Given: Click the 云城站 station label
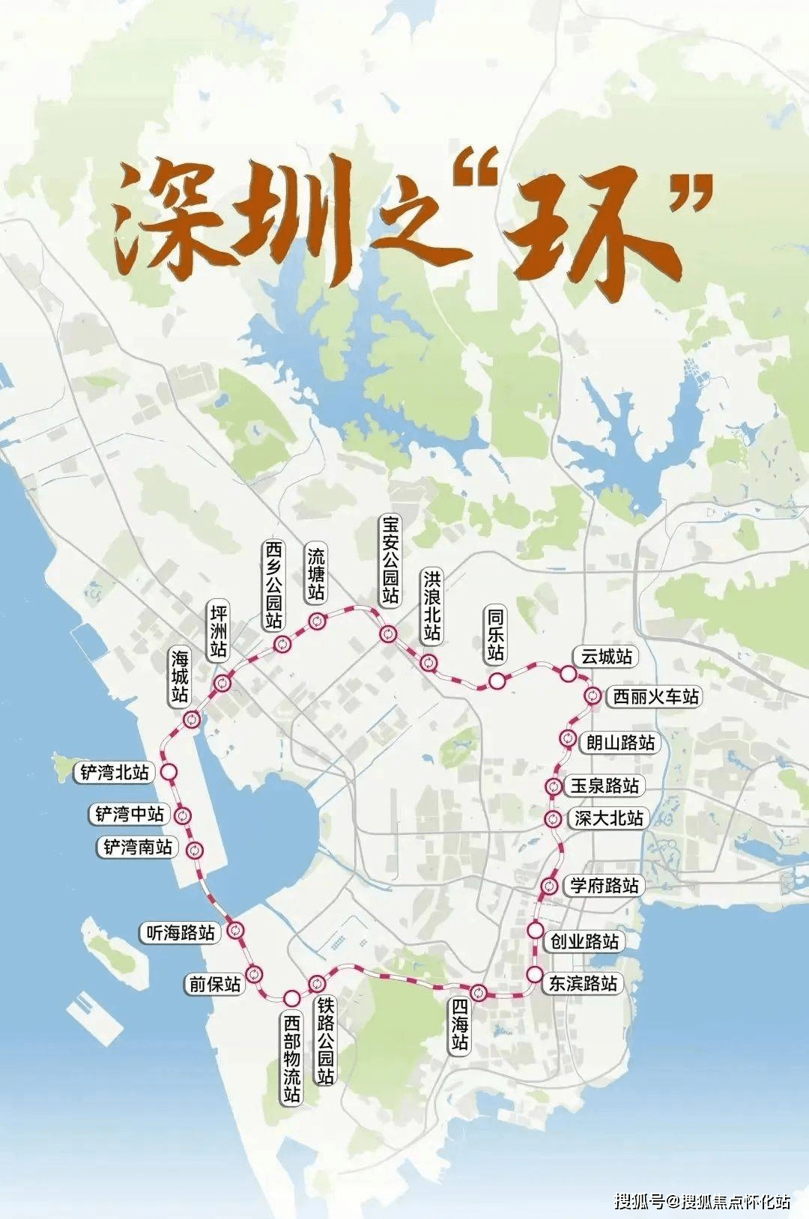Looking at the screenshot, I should tap(607, 657).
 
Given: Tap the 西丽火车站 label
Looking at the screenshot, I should tap(655, 696).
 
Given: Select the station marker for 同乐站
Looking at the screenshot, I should tap(497, 681).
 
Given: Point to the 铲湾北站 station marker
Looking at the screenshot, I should tap(169, 772).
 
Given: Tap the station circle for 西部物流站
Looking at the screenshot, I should tap(291, 997).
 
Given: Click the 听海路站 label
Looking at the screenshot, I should tap(181, 932).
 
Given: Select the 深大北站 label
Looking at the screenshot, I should tap(608, 818).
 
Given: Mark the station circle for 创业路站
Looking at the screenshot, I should tap(535, 931).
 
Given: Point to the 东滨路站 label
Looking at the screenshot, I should tap(584, 983).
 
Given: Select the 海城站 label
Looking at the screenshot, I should tap(180, 677).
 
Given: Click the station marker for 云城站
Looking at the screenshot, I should tap(569, 674).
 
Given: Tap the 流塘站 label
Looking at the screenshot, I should tap(316, 574).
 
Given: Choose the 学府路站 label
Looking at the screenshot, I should tap(605, 885).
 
